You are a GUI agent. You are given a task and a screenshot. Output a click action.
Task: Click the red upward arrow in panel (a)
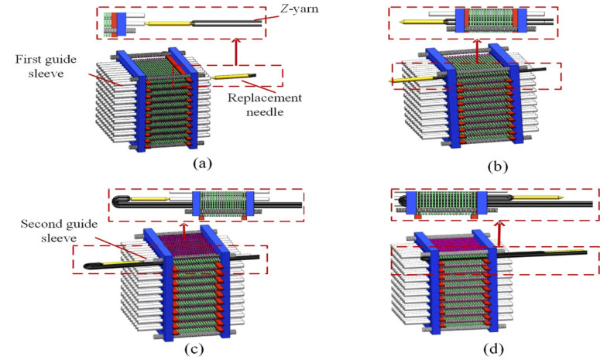(235, 52)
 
